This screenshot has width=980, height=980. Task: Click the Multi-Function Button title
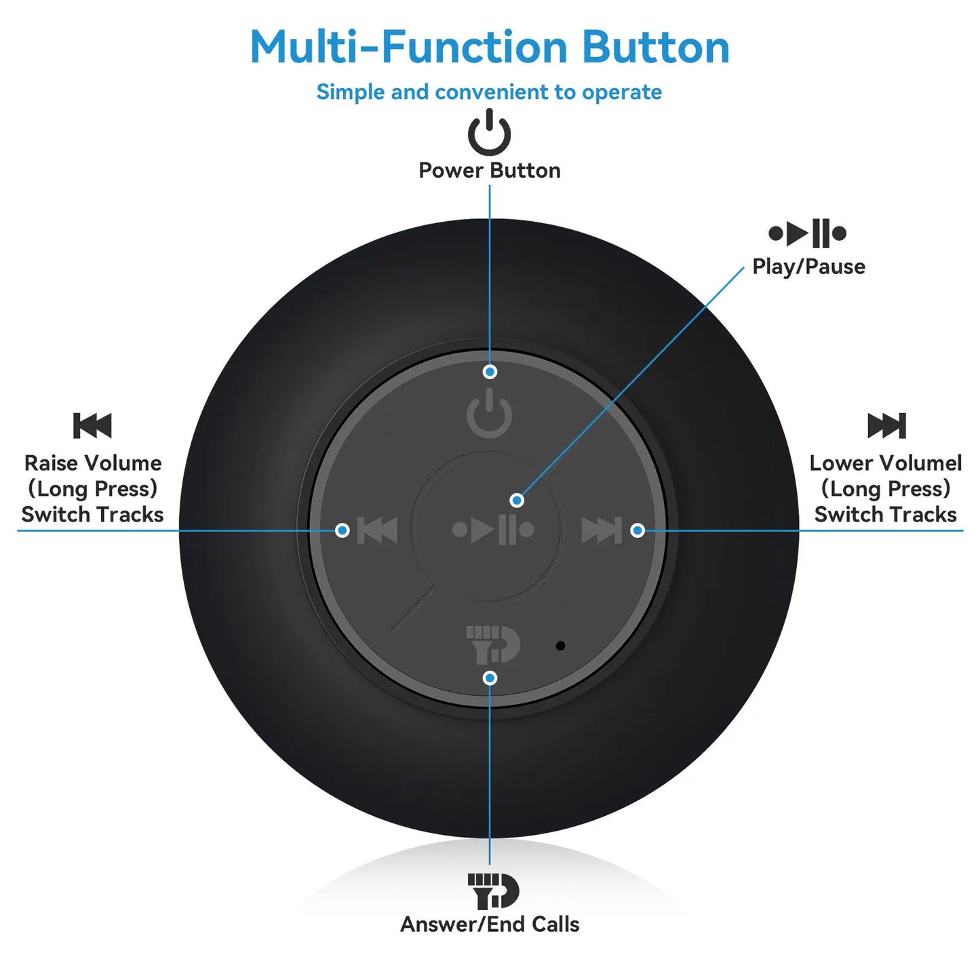[x=490, y=47]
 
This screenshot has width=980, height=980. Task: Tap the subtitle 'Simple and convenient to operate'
[x=489, y=92]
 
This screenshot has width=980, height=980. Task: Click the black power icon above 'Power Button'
[x=489, y=132]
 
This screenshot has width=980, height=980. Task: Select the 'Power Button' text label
[x=489, y=170]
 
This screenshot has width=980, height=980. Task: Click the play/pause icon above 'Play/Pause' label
[x=808, y=233]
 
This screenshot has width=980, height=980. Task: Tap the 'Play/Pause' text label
[x=808, y=267]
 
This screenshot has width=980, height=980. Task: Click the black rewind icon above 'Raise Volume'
[x=92, y=426]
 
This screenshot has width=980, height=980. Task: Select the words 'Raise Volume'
[x=93, y=463]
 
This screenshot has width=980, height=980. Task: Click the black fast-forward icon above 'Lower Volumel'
[x=887, y=426]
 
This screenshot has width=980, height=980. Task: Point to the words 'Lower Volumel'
[x=886, y=463]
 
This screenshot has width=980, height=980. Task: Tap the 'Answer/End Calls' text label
[x=490, y=924]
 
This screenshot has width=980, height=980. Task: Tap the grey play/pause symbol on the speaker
[x=493, y=530]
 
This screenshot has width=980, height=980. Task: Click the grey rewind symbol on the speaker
[x=377, y=530]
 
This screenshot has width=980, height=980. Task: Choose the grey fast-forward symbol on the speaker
[x=602, y=530]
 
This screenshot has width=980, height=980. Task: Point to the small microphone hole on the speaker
[x=560, y=646]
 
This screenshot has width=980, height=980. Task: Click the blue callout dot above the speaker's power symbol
[x=490, y=372]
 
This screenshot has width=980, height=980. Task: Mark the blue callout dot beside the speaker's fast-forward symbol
[x=638, y=530]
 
